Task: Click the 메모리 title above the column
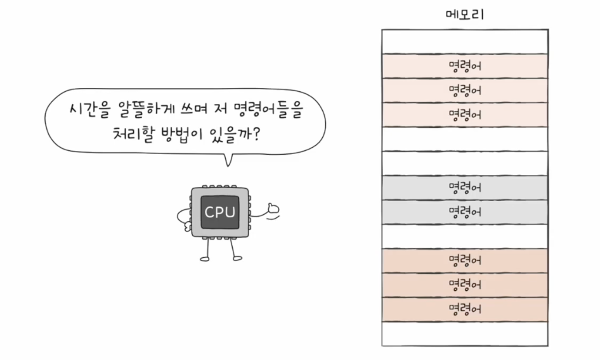coord(464,15)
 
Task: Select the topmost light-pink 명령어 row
coord(464,66)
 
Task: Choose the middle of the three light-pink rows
coord(464,91)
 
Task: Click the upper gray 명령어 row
coord(464,188)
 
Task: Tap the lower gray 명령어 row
coord(464,212)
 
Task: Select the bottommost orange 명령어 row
coord(464,309)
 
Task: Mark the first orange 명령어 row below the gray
coord(464,260)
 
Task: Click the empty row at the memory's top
coord(464,42)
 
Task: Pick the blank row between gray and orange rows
coord(464,236)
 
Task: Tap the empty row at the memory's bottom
coord(464,333)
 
